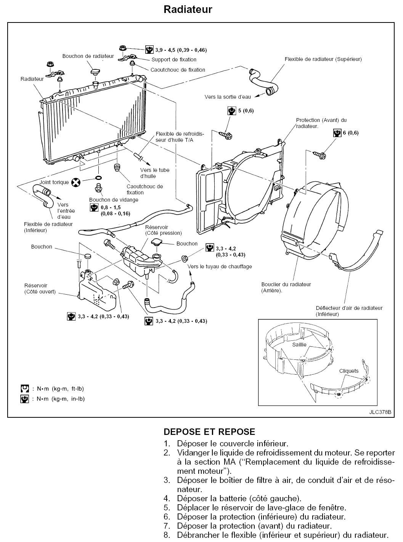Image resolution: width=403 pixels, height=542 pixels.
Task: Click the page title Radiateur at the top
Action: click(188, 10)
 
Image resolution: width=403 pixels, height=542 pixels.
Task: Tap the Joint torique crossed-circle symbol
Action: click(76, 182)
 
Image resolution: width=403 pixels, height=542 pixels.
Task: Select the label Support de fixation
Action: click(174, 59)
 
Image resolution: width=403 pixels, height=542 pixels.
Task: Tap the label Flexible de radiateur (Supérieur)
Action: click(323, 59)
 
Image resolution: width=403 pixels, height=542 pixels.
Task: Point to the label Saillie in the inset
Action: click(299, 344)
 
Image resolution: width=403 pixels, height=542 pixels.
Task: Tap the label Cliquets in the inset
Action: click(349, 370)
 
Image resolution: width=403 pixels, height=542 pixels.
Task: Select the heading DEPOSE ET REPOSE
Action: click(209, 432)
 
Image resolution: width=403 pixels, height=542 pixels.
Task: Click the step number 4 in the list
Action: click(167, 498)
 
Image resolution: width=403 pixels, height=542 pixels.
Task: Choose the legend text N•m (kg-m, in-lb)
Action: click(61, 399)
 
